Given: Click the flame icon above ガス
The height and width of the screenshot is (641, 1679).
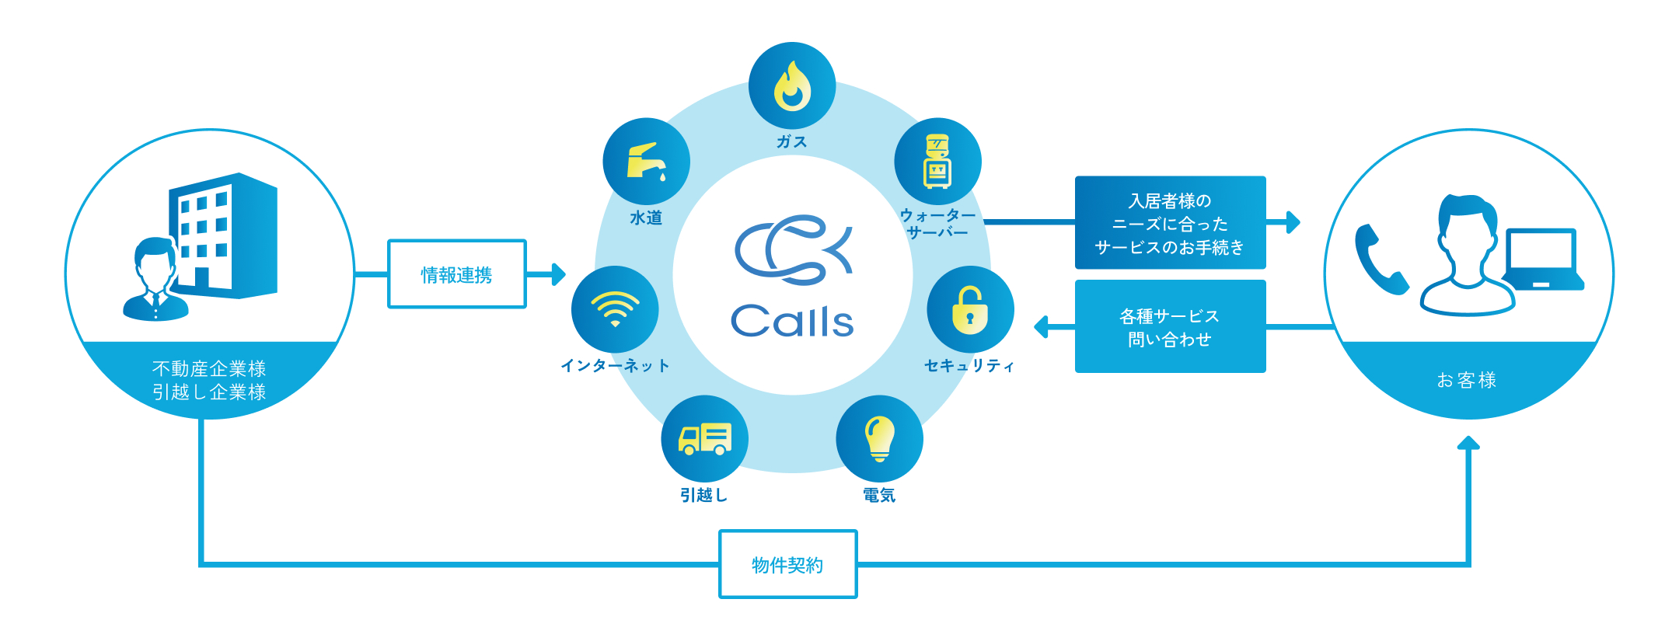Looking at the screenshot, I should pyautogui.click(x=791, y=85).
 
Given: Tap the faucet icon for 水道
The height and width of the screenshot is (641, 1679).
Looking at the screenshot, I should pyautogui.click(x=646, y=162).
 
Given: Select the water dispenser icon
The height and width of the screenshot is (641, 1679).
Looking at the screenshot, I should pyautogui.click(x=937, y=162).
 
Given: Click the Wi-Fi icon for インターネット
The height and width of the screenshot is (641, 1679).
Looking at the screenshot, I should pyautogui.click(x=615, y=309).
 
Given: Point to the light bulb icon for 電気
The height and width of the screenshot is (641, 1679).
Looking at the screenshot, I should pyautogui.click(x=879, y=438).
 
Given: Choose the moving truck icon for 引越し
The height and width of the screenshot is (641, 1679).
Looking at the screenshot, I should pyautogui.click(x=704, y=438).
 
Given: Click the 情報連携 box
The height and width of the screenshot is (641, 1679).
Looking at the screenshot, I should pyautogui.click(x=457, y=274).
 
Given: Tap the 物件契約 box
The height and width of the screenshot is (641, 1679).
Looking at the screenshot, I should pyautogui.click(x=787, y=564).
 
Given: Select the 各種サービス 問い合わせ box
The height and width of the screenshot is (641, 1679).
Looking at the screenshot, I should pyautogui.click(x=1170, y=327).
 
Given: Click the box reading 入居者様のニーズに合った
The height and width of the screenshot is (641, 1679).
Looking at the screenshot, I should pyautogui.click(x=1170, y=223).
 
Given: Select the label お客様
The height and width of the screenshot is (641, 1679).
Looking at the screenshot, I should pyautogui.click(x=1467, y=380).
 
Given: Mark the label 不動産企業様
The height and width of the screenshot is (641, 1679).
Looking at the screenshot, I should pyautogui.click(x=209, y=368).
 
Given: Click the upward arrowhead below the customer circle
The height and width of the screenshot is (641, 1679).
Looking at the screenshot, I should pyautogui.click(x=1468, y=443).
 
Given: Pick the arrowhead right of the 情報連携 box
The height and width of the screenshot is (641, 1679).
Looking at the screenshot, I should pyautogui.click(x=558, y=274).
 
